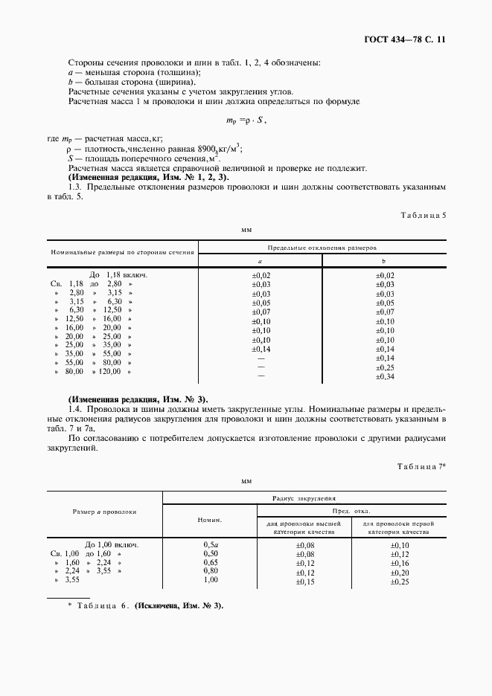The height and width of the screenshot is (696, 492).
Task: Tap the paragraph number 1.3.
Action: pos(75,188)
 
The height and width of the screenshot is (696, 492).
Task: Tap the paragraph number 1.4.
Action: pos(75,409)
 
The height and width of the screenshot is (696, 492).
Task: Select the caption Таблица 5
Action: pos(423,215)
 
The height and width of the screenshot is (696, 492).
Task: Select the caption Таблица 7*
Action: pos(421,465)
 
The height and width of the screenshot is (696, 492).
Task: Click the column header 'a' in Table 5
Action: pos(259,262)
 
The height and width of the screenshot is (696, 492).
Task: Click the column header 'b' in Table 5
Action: pos(383,262)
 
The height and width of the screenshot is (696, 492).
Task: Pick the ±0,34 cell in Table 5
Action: pos(384,377)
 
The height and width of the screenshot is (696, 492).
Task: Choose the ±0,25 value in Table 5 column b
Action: pos(384,367)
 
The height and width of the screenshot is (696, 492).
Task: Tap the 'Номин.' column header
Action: pos(209,521)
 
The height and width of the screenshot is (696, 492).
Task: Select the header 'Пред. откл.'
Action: pos(351,512)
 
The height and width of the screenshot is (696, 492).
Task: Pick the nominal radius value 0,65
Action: pos(211,564)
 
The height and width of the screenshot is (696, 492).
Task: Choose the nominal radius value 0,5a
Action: pos(211,545)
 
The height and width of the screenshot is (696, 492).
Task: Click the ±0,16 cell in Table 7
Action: pos(400,564)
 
